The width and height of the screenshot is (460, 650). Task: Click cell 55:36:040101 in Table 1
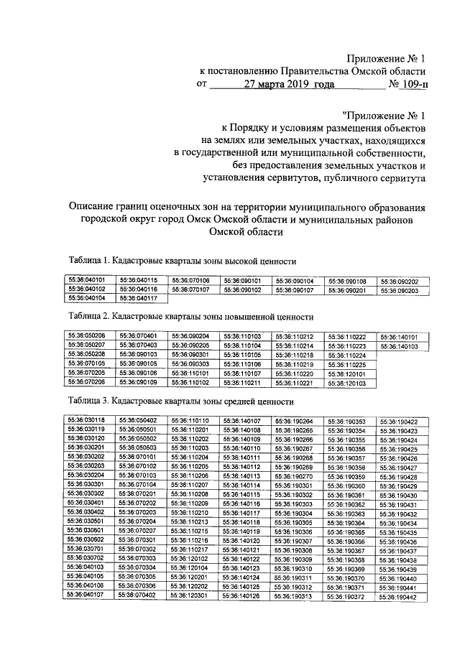point(86,281)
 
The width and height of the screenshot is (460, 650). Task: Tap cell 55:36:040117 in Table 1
point(138,298)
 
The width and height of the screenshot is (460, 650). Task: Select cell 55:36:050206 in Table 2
point(86,335)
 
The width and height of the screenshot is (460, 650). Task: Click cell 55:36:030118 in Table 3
point(86,420)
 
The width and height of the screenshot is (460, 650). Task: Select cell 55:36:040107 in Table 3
point(86,595)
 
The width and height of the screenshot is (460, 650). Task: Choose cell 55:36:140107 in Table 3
point(242,420)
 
